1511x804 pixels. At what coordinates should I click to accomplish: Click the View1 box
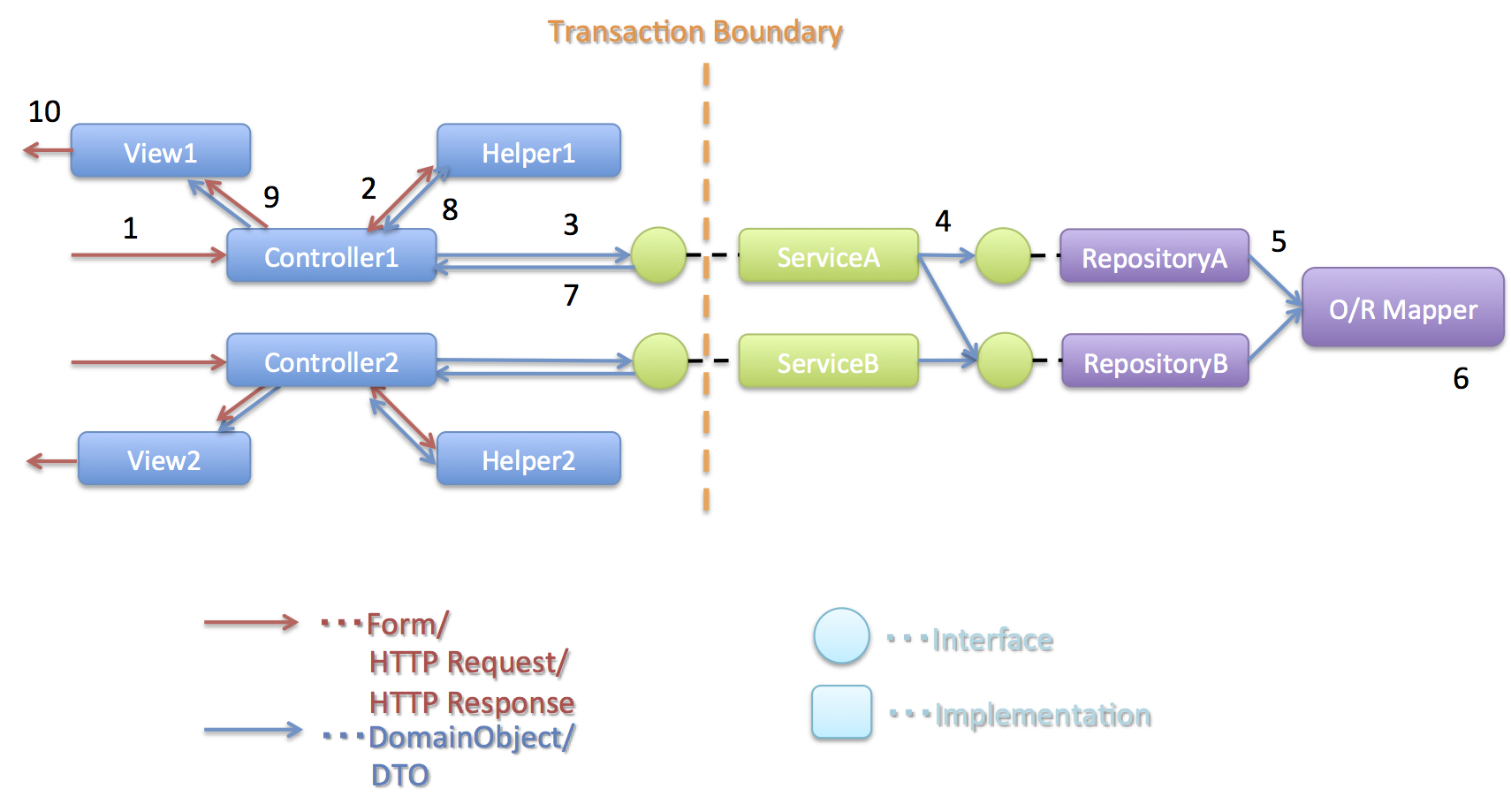coord(160,151)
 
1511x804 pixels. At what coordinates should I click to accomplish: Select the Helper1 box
coord(528,151)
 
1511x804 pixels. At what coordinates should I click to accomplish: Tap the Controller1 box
coord(331,256)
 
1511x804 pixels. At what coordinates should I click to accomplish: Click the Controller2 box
coord(331,361)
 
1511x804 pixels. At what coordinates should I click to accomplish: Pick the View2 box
coord(164,459)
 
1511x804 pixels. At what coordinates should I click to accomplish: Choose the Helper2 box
coord(528,459)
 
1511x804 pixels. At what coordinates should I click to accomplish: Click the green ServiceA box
coord(828,256)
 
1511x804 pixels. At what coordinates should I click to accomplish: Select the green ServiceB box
coord(828,362)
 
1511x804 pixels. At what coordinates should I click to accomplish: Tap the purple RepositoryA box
coord(1154,257)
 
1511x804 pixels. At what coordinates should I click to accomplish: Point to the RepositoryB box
coord(1155,362)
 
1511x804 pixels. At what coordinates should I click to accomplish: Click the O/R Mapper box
coord(1402,308)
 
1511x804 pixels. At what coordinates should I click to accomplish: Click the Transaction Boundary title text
coord(695,32)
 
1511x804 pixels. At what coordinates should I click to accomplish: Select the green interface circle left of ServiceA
coord(658,256)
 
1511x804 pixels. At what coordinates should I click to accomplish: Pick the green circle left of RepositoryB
coord(1005,360)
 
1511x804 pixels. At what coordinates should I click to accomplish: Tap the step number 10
coord(44,111)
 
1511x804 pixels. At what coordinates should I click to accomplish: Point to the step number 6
coord(1461,378)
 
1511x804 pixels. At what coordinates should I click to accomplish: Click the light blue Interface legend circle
coord(841,636)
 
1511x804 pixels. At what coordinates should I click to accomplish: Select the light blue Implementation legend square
coord(841,712)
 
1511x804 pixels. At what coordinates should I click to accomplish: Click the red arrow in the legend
coord(251,623)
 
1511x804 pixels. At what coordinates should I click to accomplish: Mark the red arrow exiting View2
coord(51,461)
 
